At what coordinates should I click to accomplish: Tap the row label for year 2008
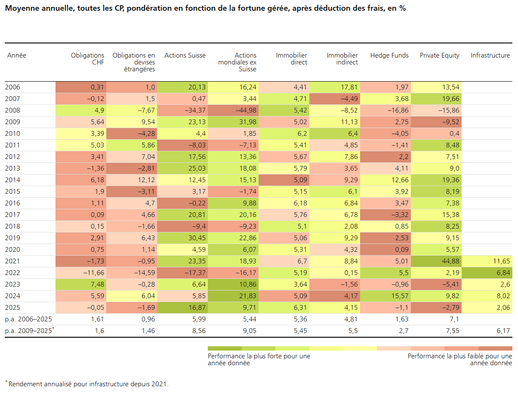pyautogui.click(x=12, y=110)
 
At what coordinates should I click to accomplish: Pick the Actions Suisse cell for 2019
pyautogui.click(x=182, y=238)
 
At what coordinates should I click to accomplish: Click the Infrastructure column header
pyautogui.click(x=490, y=55)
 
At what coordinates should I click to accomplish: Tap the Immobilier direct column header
pyautogui.click(x=291, y=59)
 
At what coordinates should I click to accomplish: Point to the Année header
pyautogui.click(x=17, y=55)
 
